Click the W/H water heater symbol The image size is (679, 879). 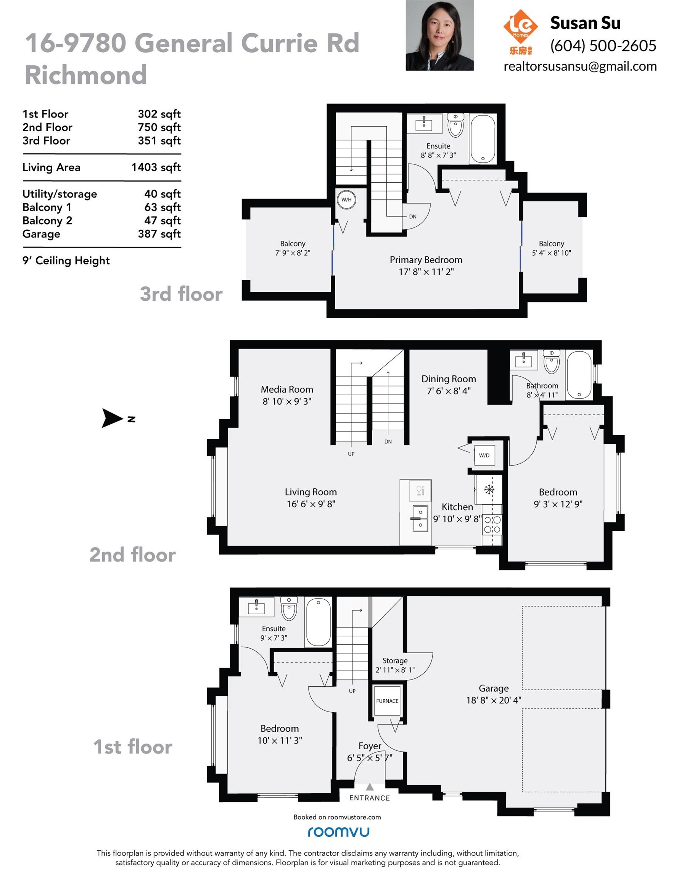tap(346, 200)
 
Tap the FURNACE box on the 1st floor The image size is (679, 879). tap(387, 701)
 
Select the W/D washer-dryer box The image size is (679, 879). tap(484, 455)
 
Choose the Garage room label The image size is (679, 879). tap(494, 688)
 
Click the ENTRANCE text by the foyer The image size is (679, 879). tap(370, 798)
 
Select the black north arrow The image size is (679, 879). tap(112, 418)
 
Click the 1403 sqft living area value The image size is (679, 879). tap(156, 167)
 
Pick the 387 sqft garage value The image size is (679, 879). tap(159, 234)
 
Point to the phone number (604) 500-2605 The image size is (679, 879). tap(603, 45)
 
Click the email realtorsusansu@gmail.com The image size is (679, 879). tap(580, 66)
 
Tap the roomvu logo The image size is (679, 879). tap(338, 832)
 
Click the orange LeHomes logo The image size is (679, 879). tap(520, 32)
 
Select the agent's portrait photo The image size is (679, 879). tap(439, 35)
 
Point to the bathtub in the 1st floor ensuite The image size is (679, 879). tap(319, 622)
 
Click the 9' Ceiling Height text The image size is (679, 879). tap(66, 261)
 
